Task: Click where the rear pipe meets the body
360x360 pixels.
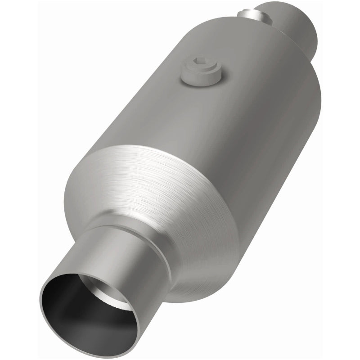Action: pyautogui.click(x=279, y=34)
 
